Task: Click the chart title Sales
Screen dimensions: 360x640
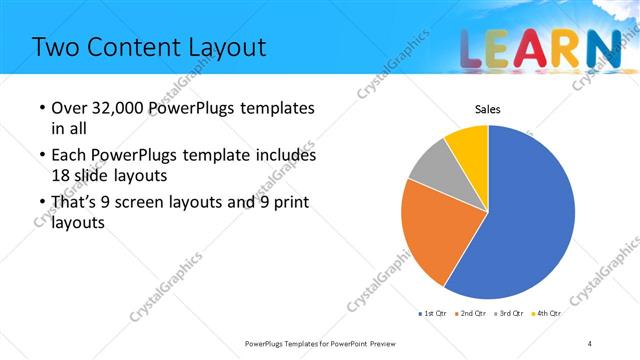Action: click(x=487, y=109)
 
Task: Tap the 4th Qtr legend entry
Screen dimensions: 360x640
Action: click(x=548, y=314)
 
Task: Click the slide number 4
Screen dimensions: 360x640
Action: click(x=590, y=343)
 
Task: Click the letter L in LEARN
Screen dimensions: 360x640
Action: click(x=476, y=49)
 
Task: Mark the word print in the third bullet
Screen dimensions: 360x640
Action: click(x=286, y=203)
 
